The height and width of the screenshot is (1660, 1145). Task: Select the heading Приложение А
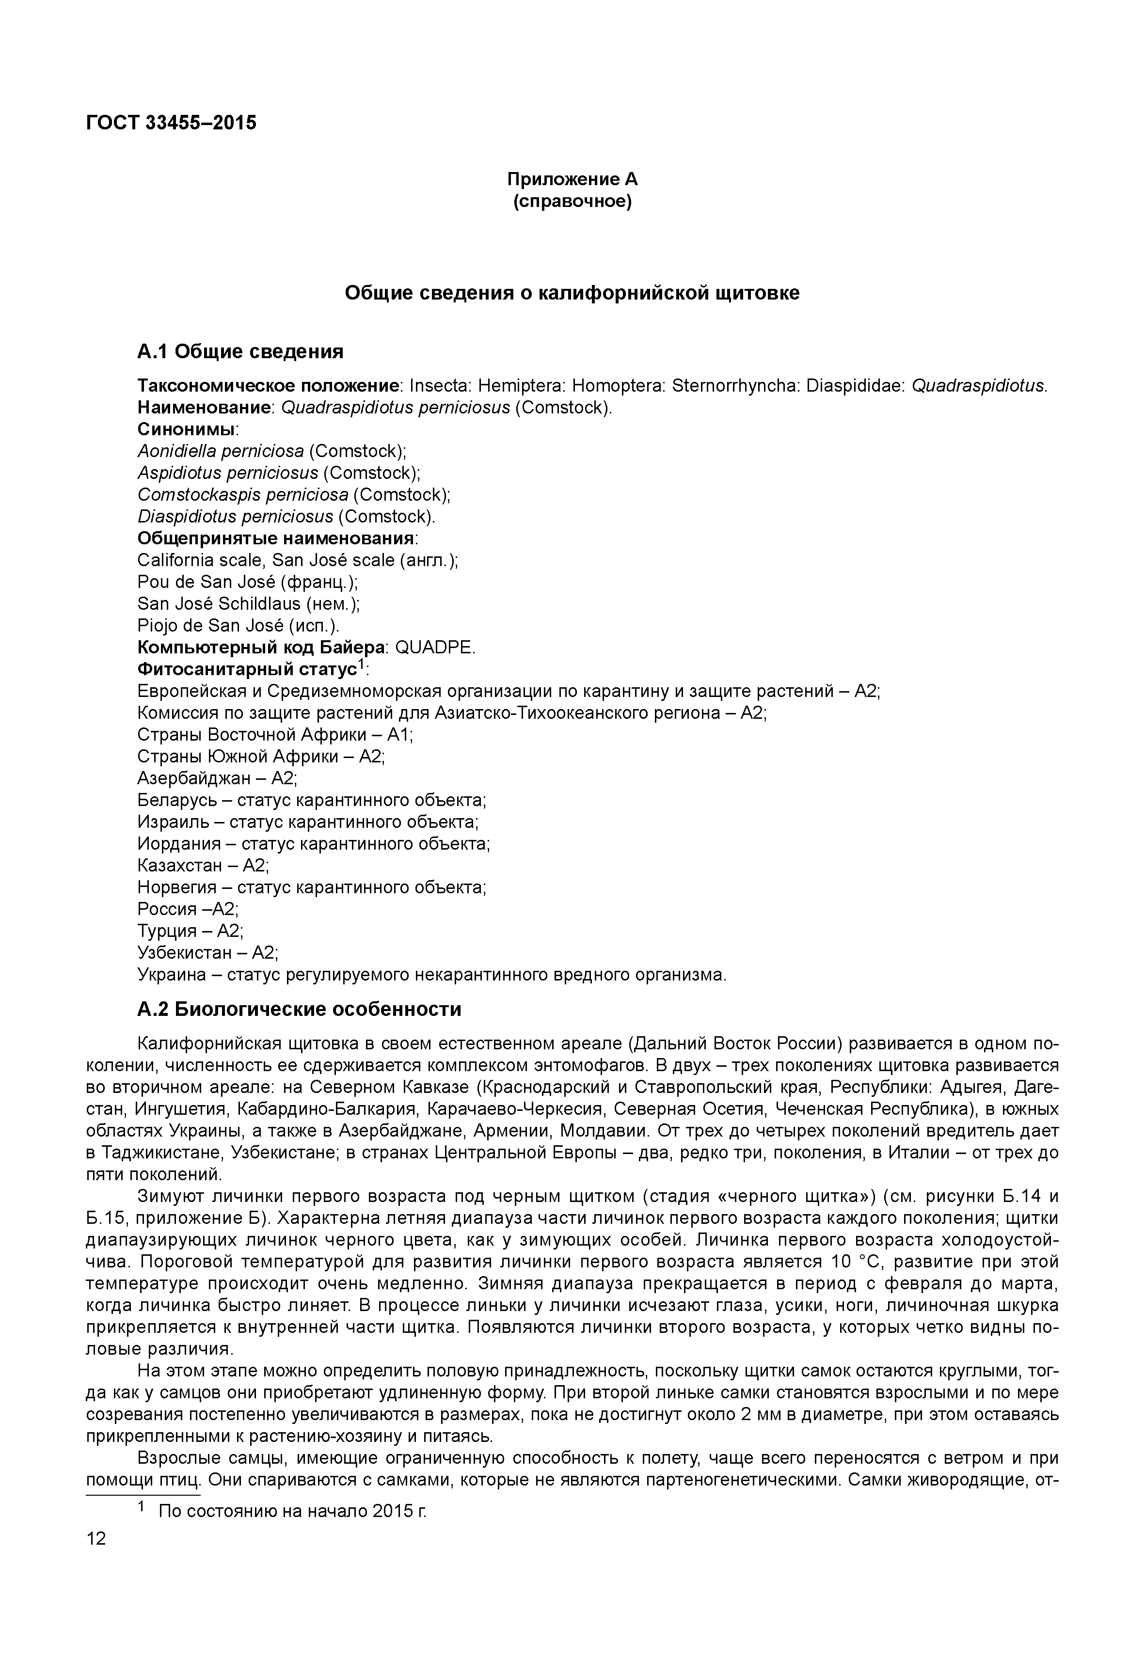point(572,179)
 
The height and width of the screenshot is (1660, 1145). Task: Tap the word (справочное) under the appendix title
point(572,202)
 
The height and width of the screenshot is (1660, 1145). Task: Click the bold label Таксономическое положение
point(269,386)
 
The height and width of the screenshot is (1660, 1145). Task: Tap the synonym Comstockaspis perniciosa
point(242,495)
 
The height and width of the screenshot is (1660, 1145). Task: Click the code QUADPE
point(435,648)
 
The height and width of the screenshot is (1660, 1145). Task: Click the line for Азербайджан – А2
point(217,778)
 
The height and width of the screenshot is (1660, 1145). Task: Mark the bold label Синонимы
point(187,430)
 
